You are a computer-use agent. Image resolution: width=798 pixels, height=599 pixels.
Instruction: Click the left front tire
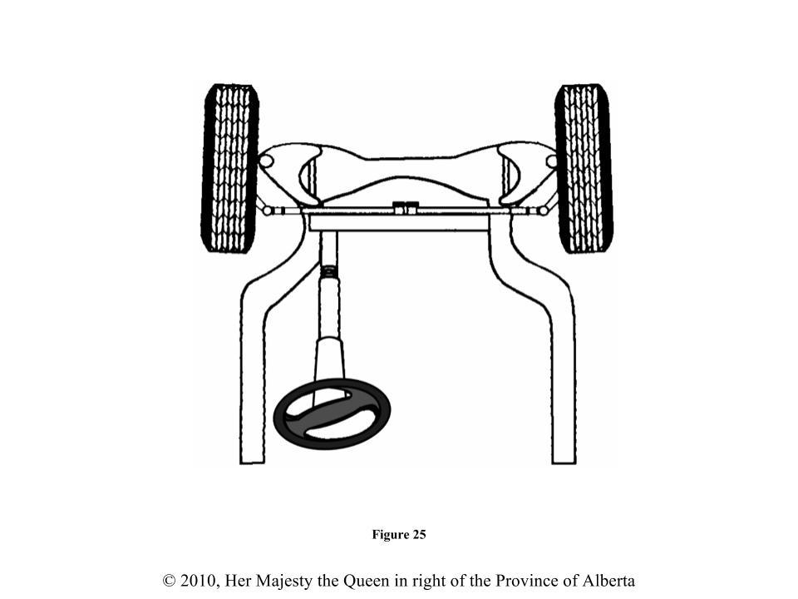pyautogui.click(x=229, y=168)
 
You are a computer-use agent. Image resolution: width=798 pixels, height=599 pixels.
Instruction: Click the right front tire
pyautogui.click(x=584, y=168)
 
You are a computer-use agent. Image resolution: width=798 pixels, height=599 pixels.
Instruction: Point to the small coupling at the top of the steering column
pyautogui.click(x=329, y=270)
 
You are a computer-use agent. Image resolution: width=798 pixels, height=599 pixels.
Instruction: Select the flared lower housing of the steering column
pyautogui.click(x=330, y=358)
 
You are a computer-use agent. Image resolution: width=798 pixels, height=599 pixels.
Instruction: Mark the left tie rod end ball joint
pyautogui.click(x=268, y=210)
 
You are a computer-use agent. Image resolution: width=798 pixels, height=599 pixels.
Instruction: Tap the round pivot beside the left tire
pyautogui.click(x=267, y=160)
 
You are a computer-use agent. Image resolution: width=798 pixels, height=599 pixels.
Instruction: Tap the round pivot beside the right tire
pyautogui.click(x=551, y=160)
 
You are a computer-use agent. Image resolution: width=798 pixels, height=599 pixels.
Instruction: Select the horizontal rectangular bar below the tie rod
pyautogui.click(x=399, y=223)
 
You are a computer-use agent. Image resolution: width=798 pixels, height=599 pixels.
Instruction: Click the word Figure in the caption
pyautogui.click(x=389, y=535)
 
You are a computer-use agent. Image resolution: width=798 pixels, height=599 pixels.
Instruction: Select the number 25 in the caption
pyautogui.click(x=418, y=535)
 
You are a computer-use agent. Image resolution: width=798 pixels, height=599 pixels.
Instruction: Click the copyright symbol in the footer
pyautogui.click(x=170, y=581)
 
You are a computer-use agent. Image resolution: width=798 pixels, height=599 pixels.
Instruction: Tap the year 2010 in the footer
pyautogui.click(x=200, y=581)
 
